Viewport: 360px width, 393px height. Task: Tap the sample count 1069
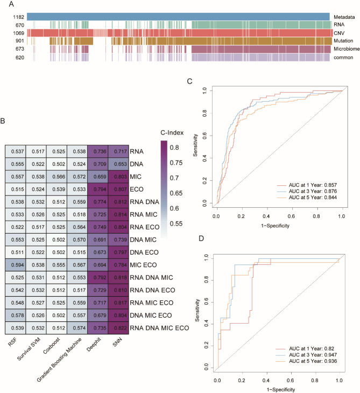[19, 33]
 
